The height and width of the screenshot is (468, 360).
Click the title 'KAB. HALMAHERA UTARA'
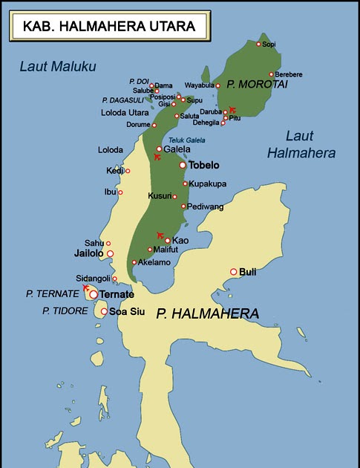[108, 27]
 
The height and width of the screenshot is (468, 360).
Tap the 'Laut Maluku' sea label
[58, 67]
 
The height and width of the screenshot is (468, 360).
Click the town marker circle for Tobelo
[183, 165]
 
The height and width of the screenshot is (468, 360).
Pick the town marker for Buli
[234, 272]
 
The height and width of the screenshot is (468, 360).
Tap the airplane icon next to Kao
[160, 235]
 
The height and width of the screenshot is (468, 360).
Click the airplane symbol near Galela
[157, 156]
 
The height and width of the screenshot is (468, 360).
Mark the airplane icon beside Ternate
[86, 287]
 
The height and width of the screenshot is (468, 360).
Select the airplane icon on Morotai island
[232, 109]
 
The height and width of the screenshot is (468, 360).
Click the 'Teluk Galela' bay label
[184, 140]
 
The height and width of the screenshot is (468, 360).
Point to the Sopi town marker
[258, 44]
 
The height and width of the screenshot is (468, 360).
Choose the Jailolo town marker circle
[111, 253]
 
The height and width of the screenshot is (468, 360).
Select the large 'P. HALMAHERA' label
[207, 314]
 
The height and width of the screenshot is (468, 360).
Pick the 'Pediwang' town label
[203, 206]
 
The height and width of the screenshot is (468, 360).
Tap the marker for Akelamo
[134, 262]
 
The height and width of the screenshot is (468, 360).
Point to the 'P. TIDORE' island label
[66, 310]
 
